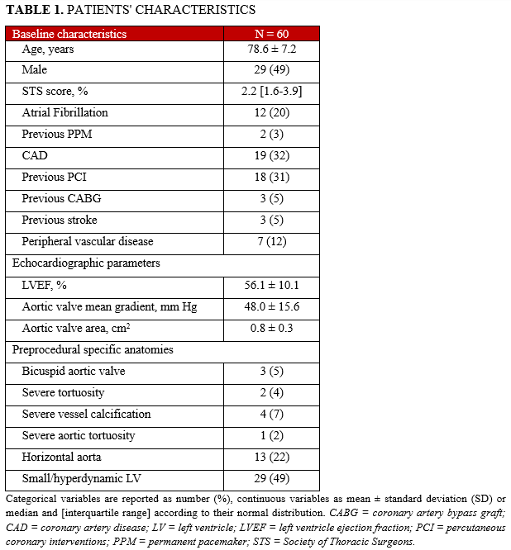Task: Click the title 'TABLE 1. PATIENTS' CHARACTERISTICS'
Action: [x=130, y=10]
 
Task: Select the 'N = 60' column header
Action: [x=272, y=34]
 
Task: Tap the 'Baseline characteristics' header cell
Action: [x=69, y=34]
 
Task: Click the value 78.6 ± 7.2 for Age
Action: [x=272, y=49]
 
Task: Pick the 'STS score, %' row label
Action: [x=55, y=91]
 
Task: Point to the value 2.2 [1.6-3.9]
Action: [x=272, y=91]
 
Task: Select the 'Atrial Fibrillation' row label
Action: [x=64, y=112]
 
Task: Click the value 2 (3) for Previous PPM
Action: [x=272, y=134]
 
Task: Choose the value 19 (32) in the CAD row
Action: [x=272, y=155]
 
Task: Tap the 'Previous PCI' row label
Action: [x=55, y=177]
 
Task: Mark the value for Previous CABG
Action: [x=272, y=198]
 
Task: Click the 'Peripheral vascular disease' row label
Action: [x=88, y=241]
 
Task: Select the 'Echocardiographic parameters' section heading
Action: [x=85, y=263]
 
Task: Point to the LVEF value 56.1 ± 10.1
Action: [x=272, y=285]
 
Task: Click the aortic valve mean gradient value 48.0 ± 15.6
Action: [x=272, y=306]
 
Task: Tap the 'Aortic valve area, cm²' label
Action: [x=78, y=328]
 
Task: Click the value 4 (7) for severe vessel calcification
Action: [x=272, y=414]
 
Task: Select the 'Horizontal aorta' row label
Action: [x=61, y=457]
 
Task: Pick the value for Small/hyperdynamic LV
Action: [x=272, y=478]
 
